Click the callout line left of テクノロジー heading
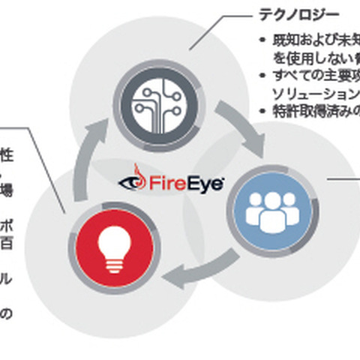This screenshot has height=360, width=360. click(217, 30)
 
